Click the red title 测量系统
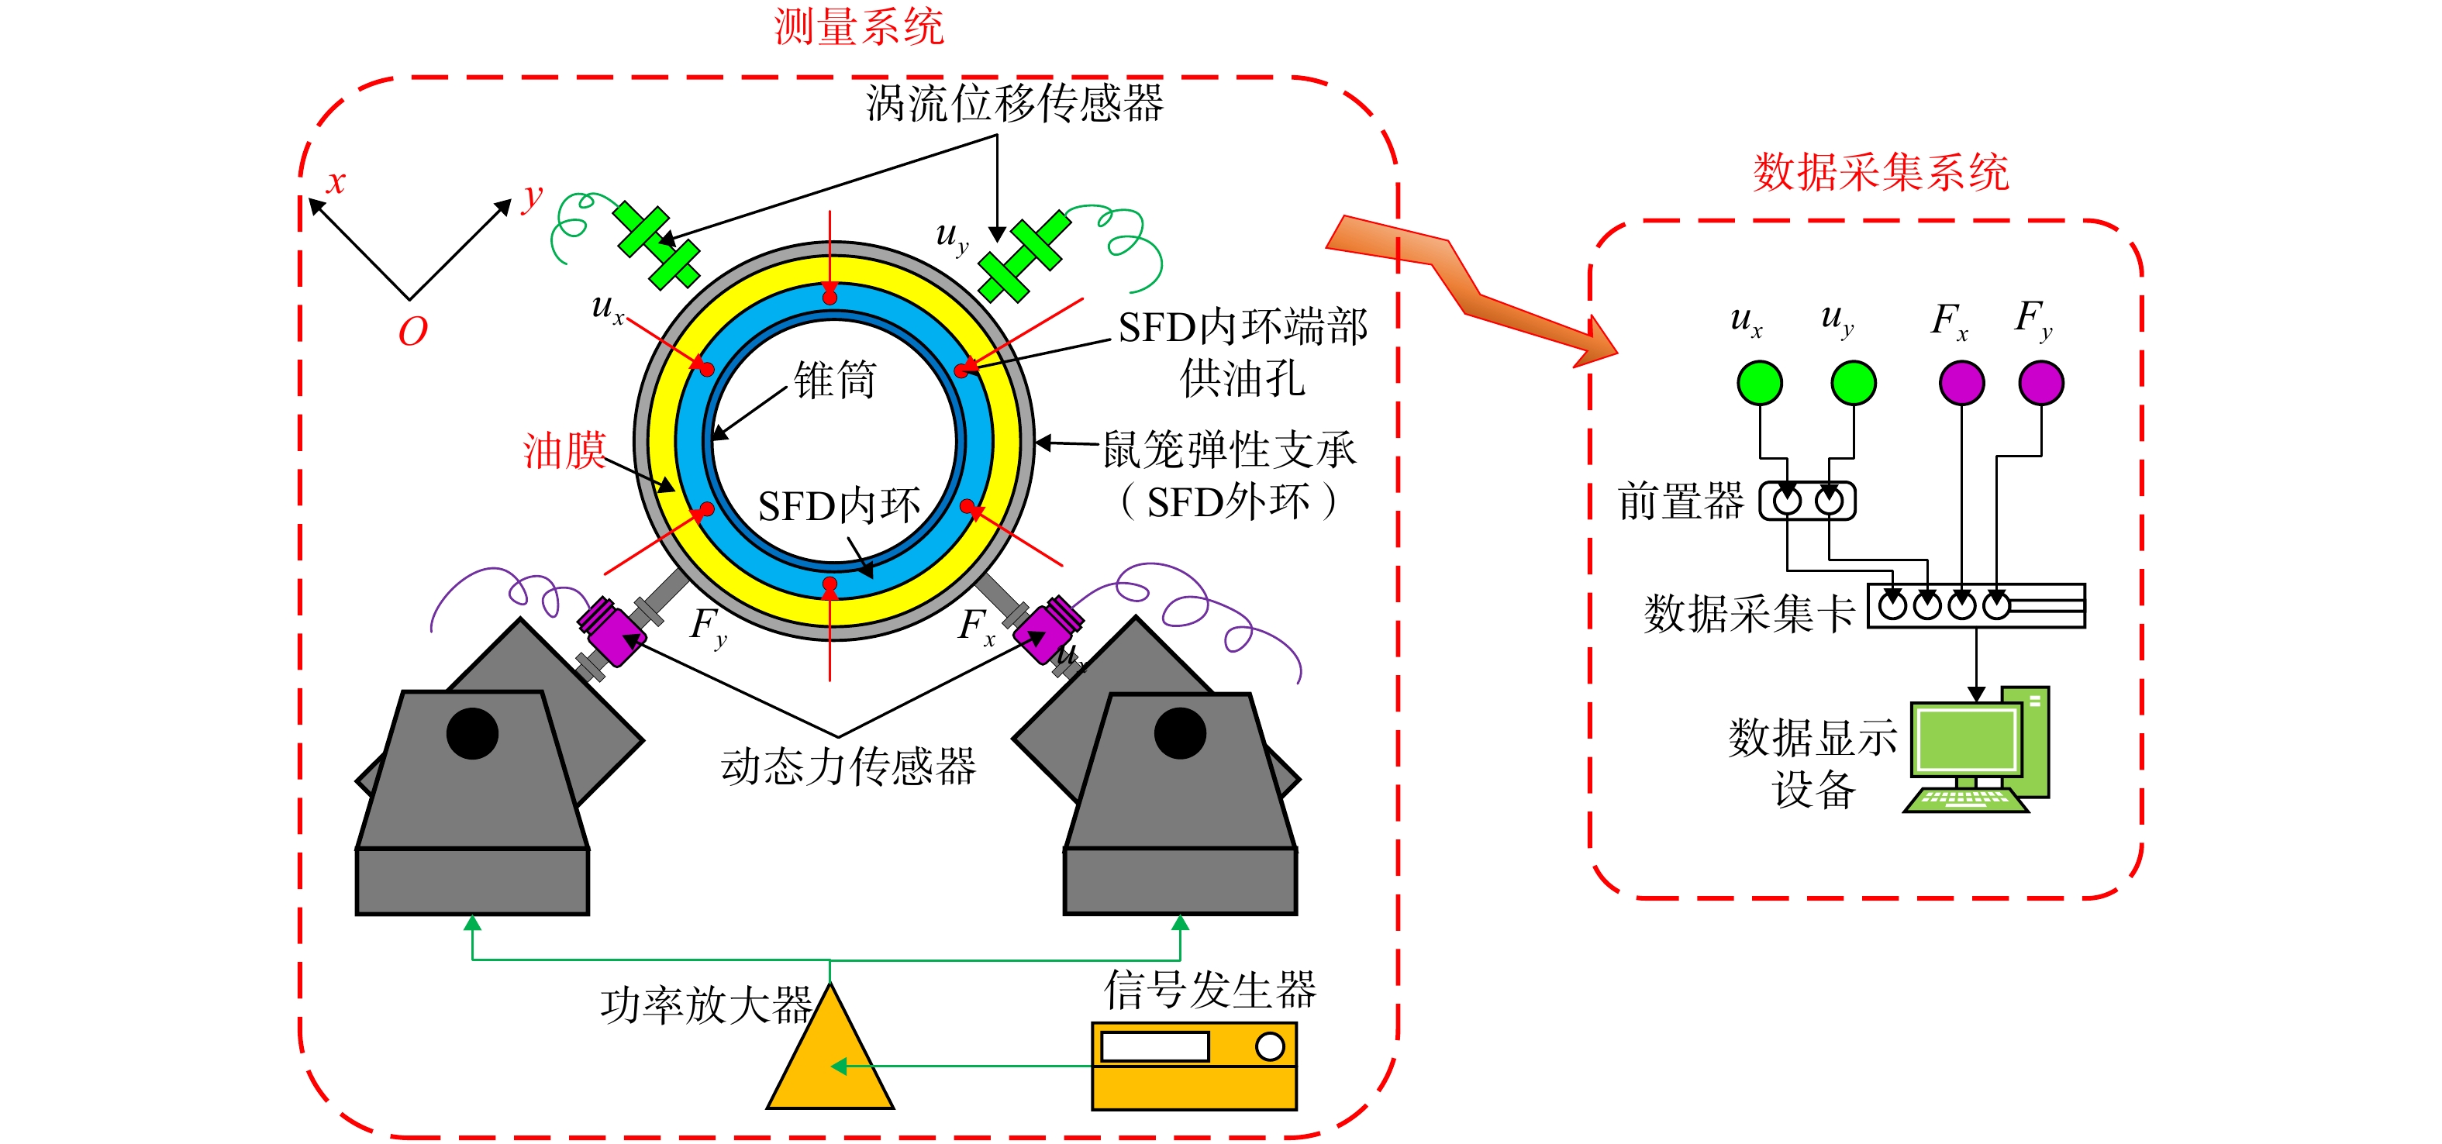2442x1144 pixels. (859, 26)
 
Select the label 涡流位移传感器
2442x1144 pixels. (1014, 102)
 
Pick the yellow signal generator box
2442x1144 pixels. (1195, 1066)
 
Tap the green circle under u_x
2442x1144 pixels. (1760, 383)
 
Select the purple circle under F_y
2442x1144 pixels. (2041, 383)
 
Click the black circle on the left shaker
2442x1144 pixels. (472, 732)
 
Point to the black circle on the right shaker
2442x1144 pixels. (1180, 732)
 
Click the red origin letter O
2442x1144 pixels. (413, 332)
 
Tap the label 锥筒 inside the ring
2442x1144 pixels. (835, 379)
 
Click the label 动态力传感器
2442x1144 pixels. (848, 766)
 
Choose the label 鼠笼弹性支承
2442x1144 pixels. (1230, 450)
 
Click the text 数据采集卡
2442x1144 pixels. (1750, 613)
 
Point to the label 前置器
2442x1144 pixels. (1681, 501)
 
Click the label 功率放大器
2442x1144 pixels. (706, 1004)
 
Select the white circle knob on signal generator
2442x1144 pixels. (1269, 1046)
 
